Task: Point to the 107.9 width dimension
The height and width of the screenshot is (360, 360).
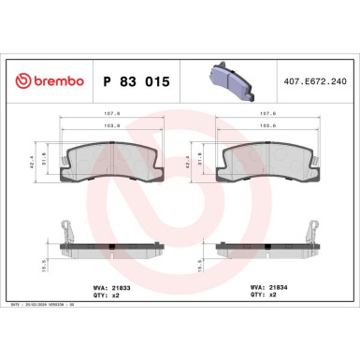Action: pyautogui.click(x=111, y=116)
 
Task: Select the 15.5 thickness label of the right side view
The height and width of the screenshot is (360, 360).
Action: pyautogui.click(x=190, y=266)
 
